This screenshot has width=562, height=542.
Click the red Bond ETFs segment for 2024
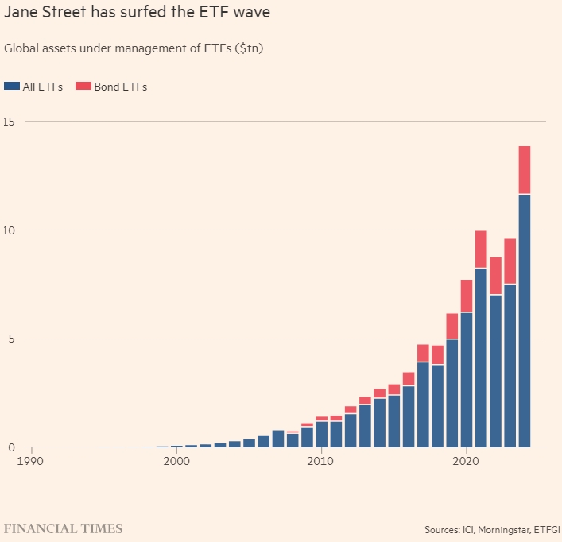click(x=524, y=170)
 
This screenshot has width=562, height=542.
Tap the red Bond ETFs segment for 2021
click(x=481, y=250)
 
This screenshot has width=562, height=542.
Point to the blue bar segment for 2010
click(x=322, y=434)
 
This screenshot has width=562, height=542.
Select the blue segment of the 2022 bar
click(x=495, y=370)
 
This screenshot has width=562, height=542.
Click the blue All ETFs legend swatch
click(x=11, y=87)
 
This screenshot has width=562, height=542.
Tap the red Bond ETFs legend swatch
click(x=81, y=87)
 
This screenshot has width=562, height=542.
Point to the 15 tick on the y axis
click(x=10, y=122)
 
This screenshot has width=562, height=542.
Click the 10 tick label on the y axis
click(x=10, y=230)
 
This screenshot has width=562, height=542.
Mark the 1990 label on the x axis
click(x=31, y=461)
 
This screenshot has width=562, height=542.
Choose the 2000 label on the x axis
click(x=176, y=461)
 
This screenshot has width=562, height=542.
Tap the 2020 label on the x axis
click(x=467, y=461)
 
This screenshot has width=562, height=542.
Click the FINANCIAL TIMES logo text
click(x=63, y=528)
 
